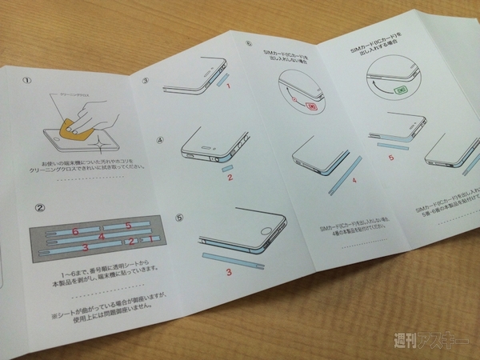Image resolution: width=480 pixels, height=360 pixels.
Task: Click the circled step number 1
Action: coord(26,80)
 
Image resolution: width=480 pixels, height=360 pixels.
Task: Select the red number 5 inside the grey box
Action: coord(127,226)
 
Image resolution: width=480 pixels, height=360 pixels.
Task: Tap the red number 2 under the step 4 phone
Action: coord(230,177)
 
